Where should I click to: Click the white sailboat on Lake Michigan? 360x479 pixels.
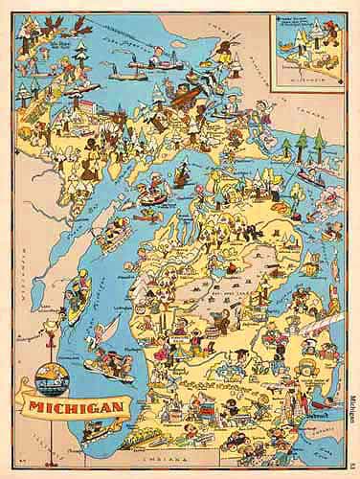coord(105,329)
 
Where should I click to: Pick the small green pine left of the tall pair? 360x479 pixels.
coord(285,148)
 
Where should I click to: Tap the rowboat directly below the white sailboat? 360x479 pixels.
coord(107,362)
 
